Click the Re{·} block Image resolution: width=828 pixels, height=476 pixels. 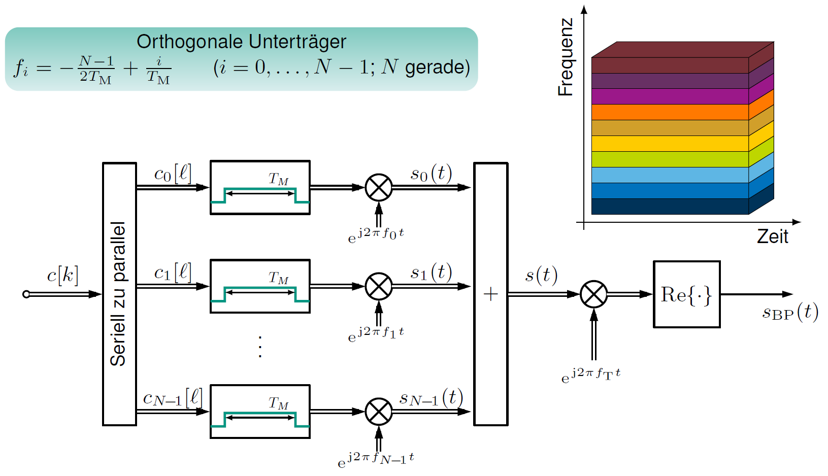click(687, 294)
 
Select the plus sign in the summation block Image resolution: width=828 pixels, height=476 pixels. click(490, 294)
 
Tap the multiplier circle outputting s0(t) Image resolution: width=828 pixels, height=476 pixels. click(379, 187)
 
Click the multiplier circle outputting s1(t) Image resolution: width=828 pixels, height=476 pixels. click(379, 286)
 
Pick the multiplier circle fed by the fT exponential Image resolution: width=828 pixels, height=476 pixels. click(593, 294)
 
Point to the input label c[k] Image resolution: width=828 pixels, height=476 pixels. click(63, 276)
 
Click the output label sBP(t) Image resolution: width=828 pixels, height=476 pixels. click(790, 312)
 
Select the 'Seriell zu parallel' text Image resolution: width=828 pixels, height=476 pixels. click(118, 294)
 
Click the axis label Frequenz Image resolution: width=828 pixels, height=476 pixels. click(566, 57)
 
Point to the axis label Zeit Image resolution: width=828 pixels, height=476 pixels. click(773, 236)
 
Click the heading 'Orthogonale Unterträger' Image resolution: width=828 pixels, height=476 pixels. click(241, 42)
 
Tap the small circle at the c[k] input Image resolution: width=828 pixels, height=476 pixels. click(26, 294)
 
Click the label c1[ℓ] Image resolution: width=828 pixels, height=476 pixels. click(173, 273)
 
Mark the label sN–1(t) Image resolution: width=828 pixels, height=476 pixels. click(432, 398)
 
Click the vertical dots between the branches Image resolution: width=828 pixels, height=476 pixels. click(260, 347)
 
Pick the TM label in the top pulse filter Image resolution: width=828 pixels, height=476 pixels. click(278, 179)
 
